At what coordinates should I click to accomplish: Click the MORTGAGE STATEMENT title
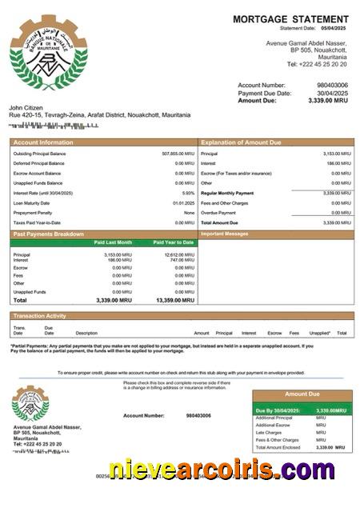pos(290,19)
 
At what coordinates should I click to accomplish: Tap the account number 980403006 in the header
pos(332,85)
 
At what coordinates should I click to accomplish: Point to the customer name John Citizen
pos(26,107)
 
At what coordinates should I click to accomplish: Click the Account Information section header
pos(40,142)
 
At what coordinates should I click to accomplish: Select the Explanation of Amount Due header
pos(241,142)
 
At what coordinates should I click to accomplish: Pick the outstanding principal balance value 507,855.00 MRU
pos(178,154)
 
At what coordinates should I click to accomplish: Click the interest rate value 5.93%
pos(188,193)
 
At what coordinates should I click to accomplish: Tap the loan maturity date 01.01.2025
pos(184,203)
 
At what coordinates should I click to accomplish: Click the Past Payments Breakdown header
pos(49,234)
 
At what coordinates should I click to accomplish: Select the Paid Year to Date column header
pos(174,242)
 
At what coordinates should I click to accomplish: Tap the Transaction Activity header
pos(40,316)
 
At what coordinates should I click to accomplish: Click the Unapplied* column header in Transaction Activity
pos(320,333)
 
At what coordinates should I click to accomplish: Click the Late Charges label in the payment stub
pos(269,433)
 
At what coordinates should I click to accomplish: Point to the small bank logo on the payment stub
pos(30,404)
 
